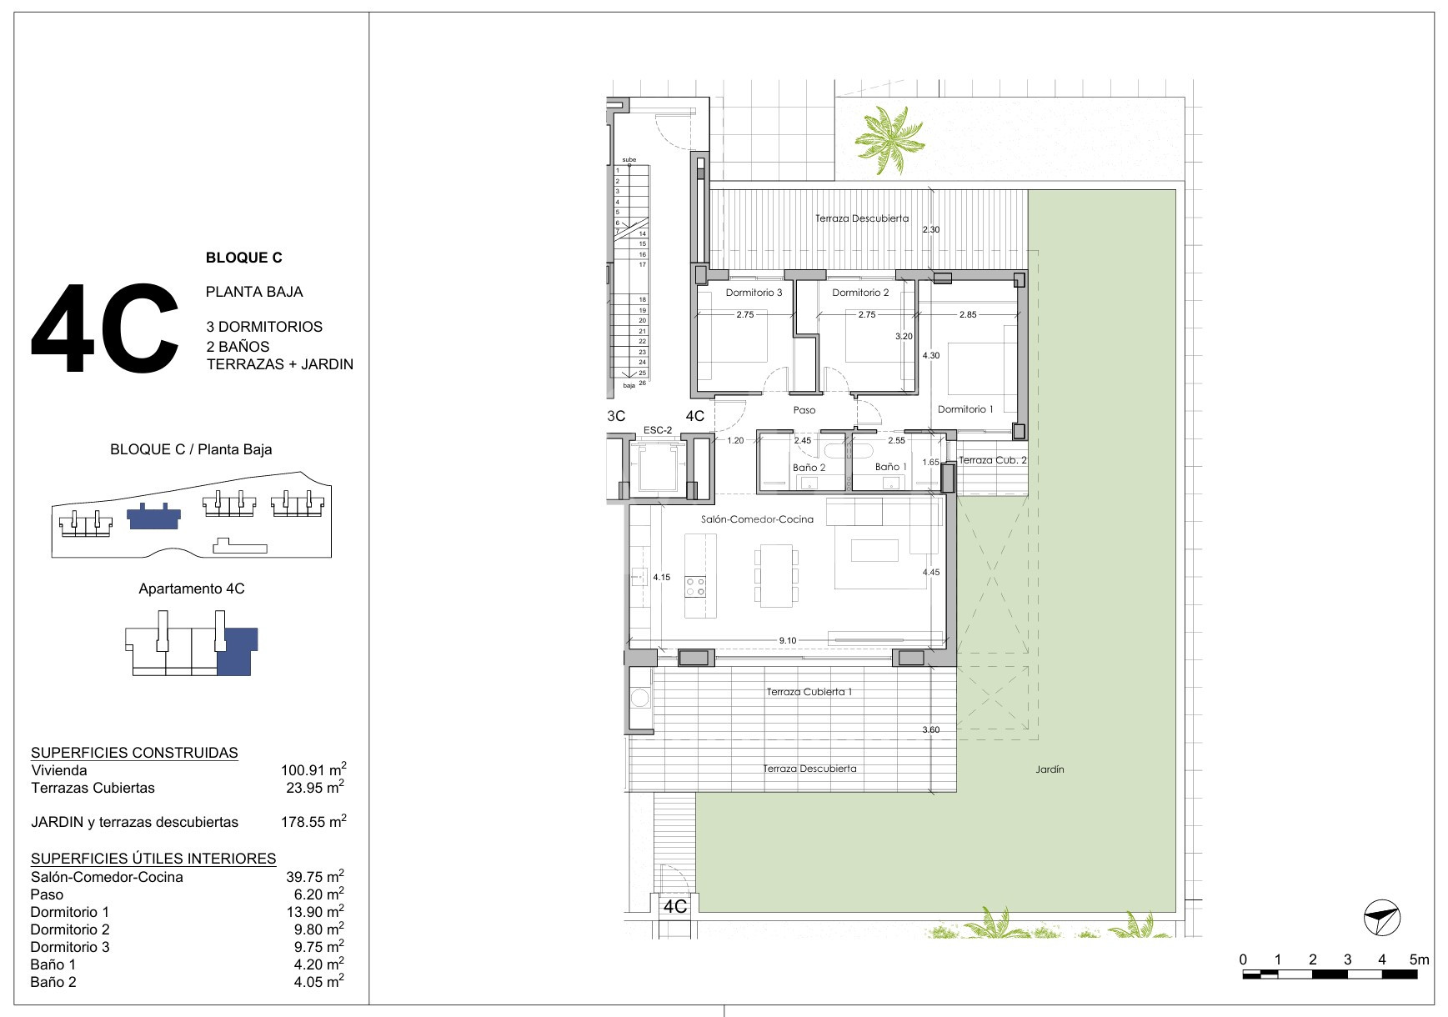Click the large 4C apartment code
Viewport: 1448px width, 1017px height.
(105, 329)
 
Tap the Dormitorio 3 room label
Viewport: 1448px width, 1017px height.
(754, 293)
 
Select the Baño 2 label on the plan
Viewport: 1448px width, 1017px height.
(809, 468)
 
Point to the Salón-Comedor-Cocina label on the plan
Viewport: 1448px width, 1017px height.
(757, 519)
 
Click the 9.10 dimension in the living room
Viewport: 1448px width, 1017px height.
(788, 640)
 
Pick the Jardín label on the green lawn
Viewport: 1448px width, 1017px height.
(1050, 769)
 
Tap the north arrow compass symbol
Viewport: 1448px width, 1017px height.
(1382, 918)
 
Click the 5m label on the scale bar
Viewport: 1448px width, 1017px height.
(1418, 959)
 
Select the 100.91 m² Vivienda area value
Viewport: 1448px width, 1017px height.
(313, 769)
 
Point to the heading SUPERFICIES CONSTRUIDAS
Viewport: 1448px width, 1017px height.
(134, 753)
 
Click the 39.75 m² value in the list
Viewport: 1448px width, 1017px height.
(313, 876)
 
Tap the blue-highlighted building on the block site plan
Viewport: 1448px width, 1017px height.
(153, 517)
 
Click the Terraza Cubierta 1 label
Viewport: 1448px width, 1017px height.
(809, 692)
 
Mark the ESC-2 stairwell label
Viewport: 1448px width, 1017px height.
(658, 430)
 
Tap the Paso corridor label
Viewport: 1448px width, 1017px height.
(804, 410)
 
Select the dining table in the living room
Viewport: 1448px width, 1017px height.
(776, 575)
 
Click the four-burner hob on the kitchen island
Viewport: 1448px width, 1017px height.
(694, 586)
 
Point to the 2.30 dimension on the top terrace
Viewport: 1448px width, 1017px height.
(931, 229)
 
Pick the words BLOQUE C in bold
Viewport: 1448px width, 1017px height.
(243, 258)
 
